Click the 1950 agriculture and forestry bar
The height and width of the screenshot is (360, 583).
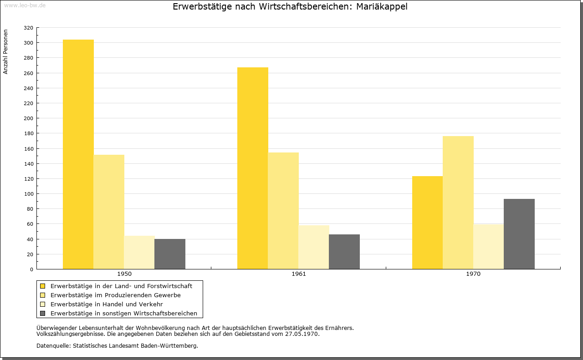(x=78, y=154)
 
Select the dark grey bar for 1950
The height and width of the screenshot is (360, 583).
(x=170, y=254)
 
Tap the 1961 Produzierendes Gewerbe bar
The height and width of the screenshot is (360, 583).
(x=283, y=211)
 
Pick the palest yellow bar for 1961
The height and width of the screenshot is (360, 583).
(x=314, y=247)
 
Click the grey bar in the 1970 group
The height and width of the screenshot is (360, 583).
(x=519, y=234)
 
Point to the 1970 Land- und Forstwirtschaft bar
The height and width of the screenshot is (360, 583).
(x=427, y=223)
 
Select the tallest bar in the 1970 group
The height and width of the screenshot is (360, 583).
(x=458, y=203)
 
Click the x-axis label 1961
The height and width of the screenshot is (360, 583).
(x=299, y=274)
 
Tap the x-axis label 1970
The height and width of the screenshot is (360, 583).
(x=473, y=274)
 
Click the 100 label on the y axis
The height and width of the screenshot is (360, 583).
(x=28, y=194)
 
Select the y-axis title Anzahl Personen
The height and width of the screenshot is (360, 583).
(x=5, y=52)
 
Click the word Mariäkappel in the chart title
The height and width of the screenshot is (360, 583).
(x=382, y=7)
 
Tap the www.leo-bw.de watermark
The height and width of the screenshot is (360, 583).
(x=25, y=5)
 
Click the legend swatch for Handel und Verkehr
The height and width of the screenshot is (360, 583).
(x=43, y=304)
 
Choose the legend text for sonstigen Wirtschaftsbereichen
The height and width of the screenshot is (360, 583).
(x=124, y=313)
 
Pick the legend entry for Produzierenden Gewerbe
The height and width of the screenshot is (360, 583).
(x=116, y=295)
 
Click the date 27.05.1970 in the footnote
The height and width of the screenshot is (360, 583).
(x=302, y=334)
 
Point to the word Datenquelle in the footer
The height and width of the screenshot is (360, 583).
(x=53, y=346)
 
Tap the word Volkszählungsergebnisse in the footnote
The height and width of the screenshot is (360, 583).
(x=71, y=334)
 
